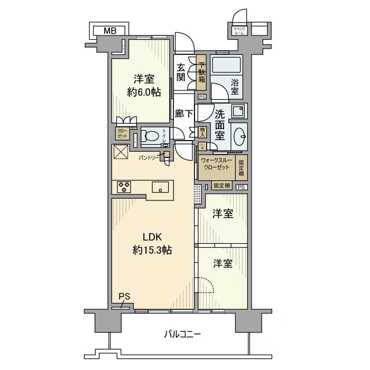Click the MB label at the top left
click(x=109, y=31)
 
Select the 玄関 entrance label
click(x=181, y=73)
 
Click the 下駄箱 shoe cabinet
click(x=201, y=73)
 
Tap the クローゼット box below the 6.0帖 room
click(x=122, y=133)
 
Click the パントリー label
click(x=148, y=158)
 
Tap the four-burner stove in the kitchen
click(x=124, y=187)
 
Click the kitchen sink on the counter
click(x=160, y=187)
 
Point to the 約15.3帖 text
click(x=152, y=251)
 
